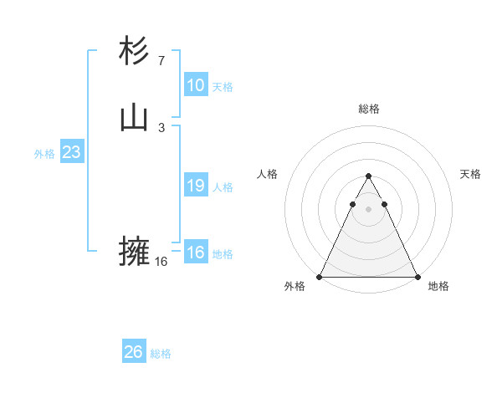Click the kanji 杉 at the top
[134, 51]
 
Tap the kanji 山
[134, 119]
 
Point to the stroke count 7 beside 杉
[161, 60]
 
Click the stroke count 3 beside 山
[161, 128]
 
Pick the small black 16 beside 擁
[161, 261]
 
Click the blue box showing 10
[195, 85]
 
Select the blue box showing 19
[195, 186]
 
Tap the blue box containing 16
[195, 253]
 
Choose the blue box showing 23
[71, 153]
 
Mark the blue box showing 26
[134, 352]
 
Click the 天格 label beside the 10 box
[223, 87]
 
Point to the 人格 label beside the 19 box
[223, 187]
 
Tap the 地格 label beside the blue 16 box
[223, 254]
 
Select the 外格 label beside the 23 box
[44, 154]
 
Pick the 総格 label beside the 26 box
[161, 354]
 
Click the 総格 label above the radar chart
[368, 109]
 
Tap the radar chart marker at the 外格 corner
[320, 276]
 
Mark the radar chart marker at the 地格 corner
[417, 276]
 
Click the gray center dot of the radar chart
[368, 207]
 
